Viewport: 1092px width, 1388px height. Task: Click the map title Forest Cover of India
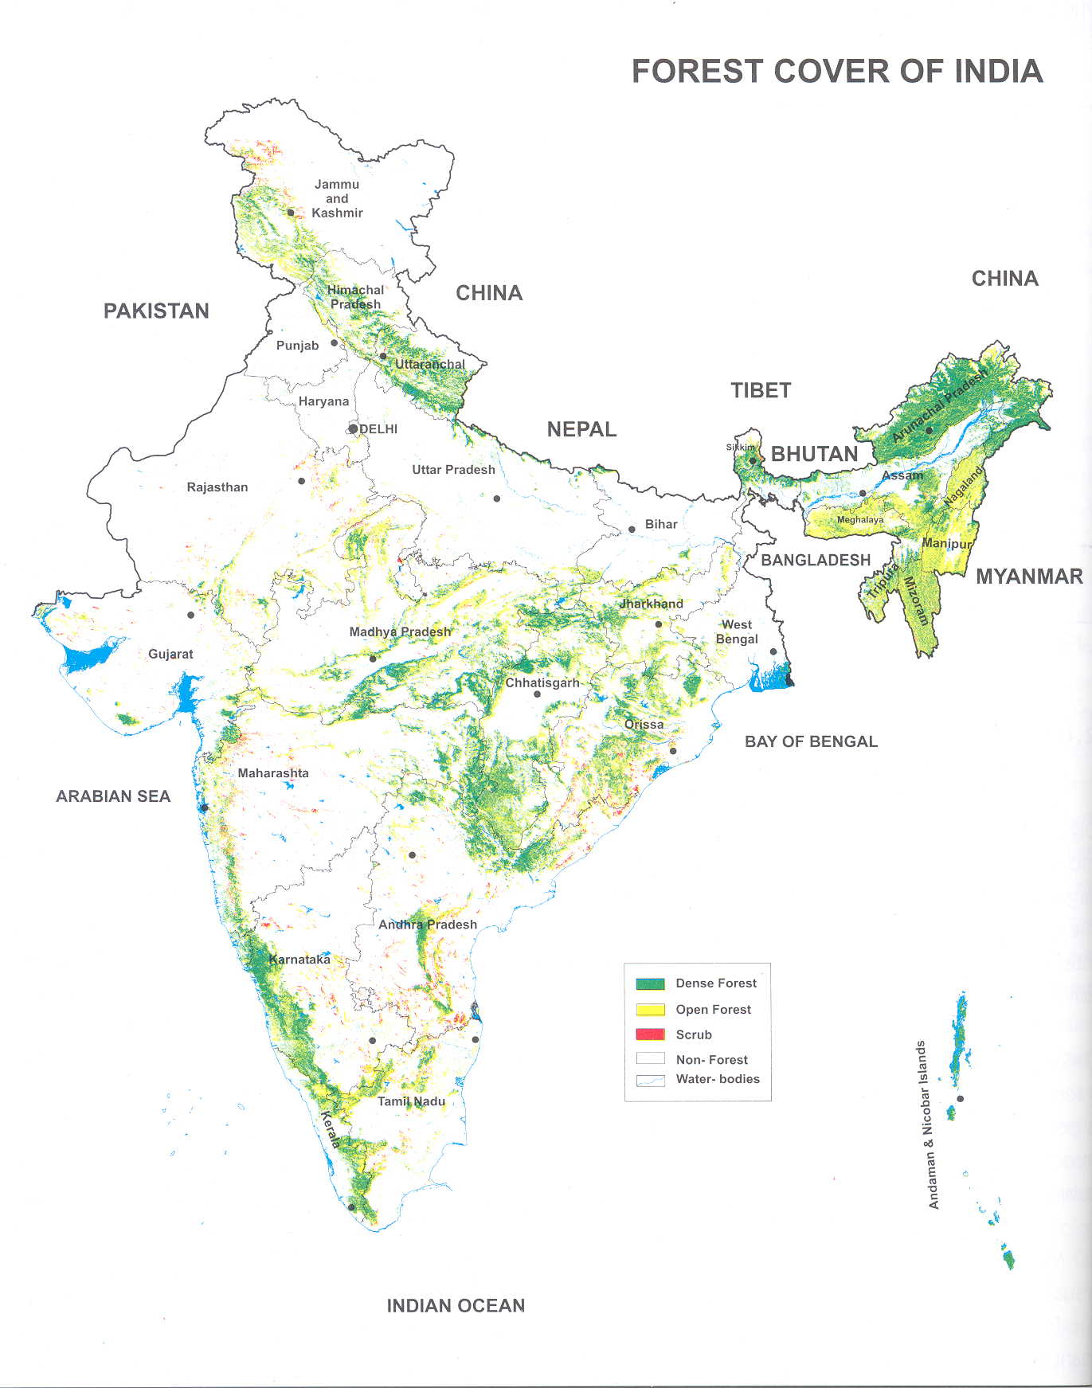coord(837,72)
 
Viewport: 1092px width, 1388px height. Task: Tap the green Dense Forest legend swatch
coord(650,983)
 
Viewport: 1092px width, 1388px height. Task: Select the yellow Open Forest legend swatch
coord(650,1010)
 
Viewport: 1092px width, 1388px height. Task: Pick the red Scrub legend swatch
coord(650,1034)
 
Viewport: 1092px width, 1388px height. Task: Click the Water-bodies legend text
coord(717,1079)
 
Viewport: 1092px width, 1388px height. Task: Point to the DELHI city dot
coord(353,428)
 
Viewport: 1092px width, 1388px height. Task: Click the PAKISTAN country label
coord(156,311)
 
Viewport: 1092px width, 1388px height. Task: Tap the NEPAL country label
coord(581,430)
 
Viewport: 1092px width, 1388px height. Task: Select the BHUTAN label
coord(814,455)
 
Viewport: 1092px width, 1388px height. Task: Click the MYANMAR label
coord(1029,577)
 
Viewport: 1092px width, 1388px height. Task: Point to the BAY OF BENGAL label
coord(811,742)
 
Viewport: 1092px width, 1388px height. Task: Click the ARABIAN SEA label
coord(113,796)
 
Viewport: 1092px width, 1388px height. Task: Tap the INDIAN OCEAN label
coord(456,1306)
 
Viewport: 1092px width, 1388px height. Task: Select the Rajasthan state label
coord(217,487)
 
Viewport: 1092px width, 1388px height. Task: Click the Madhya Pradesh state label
coord(400,632)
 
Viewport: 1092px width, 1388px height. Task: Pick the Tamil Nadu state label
coord(411,1101)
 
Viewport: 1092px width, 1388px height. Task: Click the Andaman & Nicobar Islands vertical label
coord(928,1124)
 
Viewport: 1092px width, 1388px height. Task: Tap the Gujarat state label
coord(170,654)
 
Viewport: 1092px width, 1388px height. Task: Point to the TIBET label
coord(761,391)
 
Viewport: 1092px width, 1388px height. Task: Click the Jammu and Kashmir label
coord(337,198)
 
